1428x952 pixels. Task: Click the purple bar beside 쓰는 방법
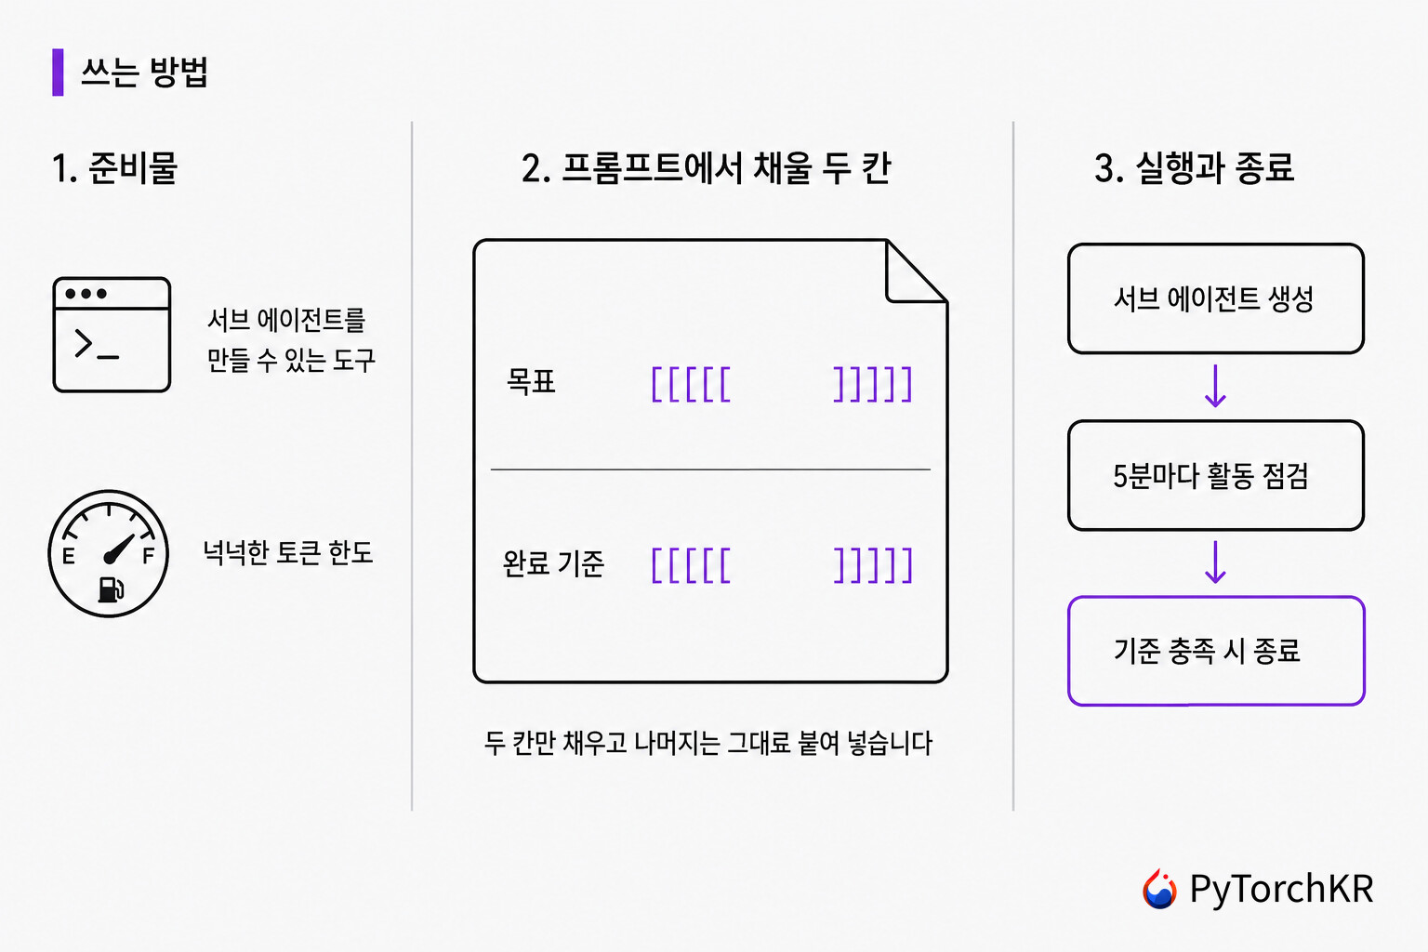click(x=58, y=73)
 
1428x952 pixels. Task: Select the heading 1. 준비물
click(x=114, y=168)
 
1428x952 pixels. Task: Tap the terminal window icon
click(x=112, y=335)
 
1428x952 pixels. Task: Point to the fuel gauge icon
click(x=109, y=553)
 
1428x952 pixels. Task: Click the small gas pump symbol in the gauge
click(x=111, y=589)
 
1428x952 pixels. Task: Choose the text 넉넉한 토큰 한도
click(x=288, y=552)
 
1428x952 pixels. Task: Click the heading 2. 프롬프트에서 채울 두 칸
click(x=706, y=168)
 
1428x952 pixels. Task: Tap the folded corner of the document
click(x=916, y=271)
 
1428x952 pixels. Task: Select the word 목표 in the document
click(x=531, y=382)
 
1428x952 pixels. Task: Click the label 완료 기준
click(x=553, y=563)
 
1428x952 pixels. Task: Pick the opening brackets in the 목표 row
click(x=691, y=384)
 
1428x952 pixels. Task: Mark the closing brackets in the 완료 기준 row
click(x=873, y=565)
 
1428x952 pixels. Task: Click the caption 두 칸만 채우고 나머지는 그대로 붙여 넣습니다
click(x=708, y=743)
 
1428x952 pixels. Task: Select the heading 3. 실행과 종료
click(x=1194, y=168)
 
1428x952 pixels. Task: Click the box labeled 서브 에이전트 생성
click(x=1216, y=298)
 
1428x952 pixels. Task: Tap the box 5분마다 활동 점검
click(x=1216, y=475)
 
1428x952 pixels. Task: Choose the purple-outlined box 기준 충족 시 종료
click(x=1216, y=651)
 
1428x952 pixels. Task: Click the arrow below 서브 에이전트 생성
click(x=1216, y=386)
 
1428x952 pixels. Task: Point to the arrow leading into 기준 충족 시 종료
click(x=1216, y=562)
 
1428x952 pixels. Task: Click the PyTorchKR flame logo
click(x=1159, y=888)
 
